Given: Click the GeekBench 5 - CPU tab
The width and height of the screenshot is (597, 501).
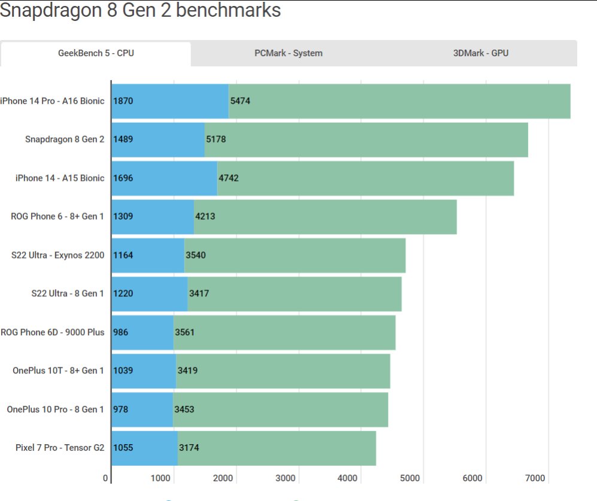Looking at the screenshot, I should tap(96, 53).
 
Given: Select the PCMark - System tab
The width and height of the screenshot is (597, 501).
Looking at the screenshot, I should tap(288, 53).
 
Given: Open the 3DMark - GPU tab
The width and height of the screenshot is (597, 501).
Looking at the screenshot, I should tap(481, 53).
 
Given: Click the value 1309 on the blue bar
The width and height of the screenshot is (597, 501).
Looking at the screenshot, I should tap(123, 217).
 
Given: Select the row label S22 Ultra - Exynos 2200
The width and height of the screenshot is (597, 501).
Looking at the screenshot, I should tap(57, 255).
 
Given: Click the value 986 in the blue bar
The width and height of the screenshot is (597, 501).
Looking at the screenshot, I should tap(121, 332).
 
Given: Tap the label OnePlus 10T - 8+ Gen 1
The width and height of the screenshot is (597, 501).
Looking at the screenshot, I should tap(58, 371).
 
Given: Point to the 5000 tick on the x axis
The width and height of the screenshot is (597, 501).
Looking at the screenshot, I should tap(410, 478).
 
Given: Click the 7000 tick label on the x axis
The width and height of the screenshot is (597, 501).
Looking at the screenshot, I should tap(535, 478).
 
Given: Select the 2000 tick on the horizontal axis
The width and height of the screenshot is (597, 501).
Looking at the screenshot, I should tap(223, 478).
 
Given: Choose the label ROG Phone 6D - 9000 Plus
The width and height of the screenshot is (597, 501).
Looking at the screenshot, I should tap(53, 332).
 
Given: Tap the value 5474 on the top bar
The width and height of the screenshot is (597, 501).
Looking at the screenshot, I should tap(240, 101).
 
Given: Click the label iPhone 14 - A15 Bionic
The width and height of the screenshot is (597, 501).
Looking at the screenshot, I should tap(60, 178).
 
